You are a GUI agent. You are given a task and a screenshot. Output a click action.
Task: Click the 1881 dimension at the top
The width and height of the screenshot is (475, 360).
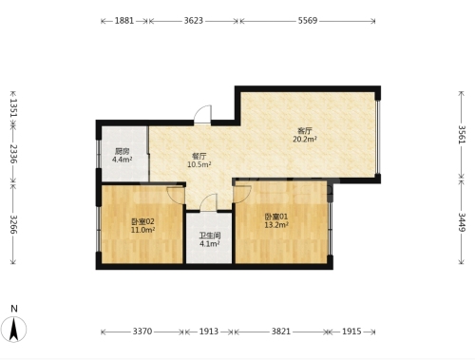pyautogui.click(x=124, y=21)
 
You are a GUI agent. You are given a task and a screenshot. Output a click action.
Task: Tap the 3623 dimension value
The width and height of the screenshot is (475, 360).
pyautogui.click(x=194, y=21)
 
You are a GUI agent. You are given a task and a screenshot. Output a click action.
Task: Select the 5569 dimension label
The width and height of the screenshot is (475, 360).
pyautogui.click(x=308, y=21)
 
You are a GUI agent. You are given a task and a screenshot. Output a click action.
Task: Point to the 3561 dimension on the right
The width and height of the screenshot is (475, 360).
pyautogui.click(x=462, y=135)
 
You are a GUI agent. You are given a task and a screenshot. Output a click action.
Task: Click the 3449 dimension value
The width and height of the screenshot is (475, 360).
pyautogui.click(x=462, y=222)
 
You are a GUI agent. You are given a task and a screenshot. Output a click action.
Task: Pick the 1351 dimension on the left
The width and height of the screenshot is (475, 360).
pyautogui.click(x=13, y=107)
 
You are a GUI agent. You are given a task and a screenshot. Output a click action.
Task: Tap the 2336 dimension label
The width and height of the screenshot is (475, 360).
pyautogui.click(x=13, y=154)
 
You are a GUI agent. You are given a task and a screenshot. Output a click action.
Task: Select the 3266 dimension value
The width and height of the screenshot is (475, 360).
pyautogui.click(x=13, y=224)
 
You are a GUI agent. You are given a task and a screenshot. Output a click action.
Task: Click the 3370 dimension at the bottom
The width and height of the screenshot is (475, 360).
pyautogui.click(x=142, y=332)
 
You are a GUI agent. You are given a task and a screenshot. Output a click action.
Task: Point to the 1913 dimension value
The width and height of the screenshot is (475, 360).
pyautogui.click(x=209, y=332)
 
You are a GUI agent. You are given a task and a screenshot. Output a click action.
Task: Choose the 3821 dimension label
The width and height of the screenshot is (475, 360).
pyautogui.click(x=281, y=332)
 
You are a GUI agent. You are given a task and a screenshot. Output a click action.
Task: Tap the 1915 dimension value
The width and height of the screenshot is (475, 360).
pyautogui.click(x=351, y=332)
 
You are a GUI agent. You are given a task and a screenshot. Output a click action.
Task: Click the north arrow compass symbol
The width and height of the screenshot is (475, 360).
pyautogui.click(x=13, y=330)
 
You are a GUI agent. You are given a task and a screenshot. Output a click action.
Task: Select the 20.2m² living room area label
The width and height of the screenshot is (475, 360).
pyautogui.click(x=305, y=140)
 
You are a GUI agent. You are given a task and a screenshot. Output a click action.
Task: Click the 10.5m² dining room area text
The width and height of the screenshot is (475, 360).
pyautogui.click(x=199, y=164)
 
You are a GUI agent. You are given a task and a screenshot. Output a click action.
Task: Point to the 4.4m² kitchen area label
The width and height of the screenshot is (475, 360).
pyautogui.click(x=122, y=160)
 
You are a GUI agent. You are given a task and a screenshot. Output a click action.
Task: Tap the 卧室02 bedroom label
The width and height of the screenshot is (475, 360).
pyautogui.click(x=142, y=221)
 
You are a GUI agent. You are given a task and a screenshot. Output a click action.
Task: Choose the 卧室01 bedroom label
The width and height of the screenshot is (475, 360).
pyautogui.click(x=276, y=217)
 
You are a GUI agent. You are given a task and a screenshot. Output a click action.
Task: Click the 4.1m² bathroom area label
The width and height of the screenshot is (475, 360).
pyautogui.click(x=210, y=244)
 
